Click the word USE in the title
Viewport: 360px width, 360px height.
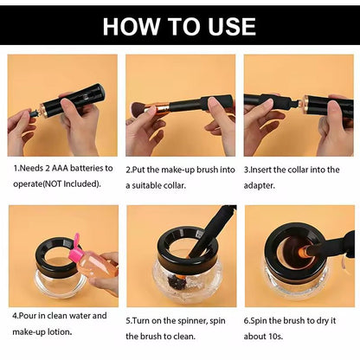click(x=232, y=27)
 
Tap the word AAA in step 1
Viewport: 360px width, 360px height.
click(x=60, y=168)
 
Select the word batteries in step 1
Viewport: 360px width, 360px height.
click(x=87, y=168)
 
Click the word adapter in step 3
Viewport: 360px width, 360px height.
click(x=259, y=185)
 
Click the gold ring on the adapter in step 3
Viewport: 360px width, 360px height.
click(x=305, y=104)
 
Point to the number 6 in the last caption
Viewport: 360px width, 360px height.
click(x=246, y=321)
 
